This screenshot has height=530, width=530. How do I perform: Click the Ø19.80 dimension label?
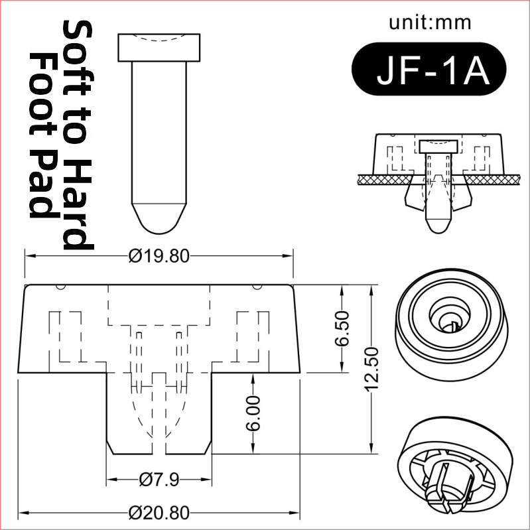coord(159,256)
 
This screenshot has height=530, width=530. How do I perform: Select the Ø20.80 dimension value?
coord(159,513)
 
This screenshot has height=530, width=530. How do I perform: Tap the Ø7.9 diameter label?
coord(159,480)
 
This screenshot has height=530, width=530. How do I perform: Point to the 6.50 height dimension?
coord(342,328)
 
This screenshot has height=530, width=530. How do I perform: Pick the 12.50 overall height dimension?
coord(372,369)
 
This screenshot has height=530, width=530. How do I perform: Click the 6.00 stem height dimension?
coord(253,413)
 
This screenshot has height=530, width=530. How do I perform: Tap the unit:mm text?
coord(430,23)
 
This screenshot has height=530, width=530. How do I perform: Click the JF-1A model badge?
coord(429,68)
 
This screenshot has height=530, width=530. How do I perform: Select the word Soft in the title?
coord(77,50)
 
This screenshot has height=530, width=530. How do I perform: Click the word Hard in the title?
coord(77,204)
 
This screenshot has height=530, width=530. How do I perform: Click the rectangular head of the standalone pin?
coord(159,48)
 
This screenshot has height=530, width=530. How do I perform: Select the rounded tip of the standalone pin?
coord(159,219)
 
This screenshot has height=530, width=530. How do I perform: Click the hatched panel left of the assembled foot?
coord(385,180)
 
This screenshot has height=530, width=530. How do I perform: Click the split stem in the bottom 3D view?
coord(446,487)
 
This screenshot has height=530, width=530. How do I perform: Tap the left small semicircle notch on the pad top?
coord(61,287)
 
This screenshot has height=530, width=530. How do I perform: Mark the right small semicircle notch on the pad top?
coord(257,287)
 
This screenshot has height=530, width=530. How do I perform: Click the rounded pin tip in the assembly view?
coord(438,226)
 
